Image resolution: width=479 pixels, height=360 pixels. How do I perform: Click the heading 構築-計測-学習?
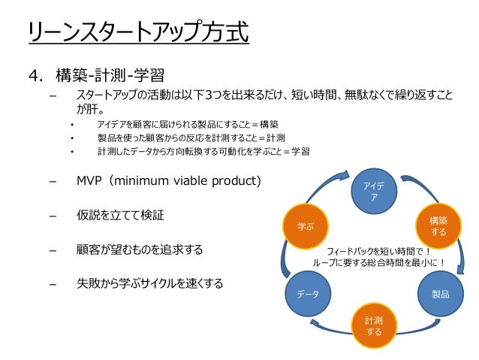pos(110,76)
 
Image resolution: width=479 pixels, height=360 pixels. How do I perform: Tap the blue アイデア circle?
pos(375,192)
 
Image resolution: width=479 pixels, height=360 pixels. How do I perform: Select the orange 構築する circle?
pos(438,226)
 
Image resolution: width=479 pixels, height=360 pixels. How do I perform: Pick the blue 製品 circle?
pos(439,294)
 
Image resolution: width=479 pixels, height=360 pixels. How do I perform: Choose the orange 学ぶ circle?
pos(306,226)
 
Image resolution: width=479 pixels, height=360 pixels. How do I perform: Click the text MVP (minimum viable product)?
pos(168,182)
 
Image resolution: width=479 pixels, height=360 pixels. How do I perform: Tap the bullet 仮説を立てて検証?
pos(120,216)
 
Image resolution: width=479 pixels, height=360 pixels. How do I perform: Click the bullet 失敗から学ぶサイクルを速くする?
pos(149,283)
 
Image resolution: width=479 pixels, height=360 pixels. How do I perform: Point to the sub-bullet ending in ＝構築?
pos(188,124)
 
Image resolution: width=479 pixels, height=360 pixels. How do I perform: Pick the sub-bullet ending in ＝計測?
pos(191,138)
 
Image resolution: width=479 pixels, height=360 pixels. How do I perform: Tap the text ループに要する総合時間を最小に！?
pos(380,263)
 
